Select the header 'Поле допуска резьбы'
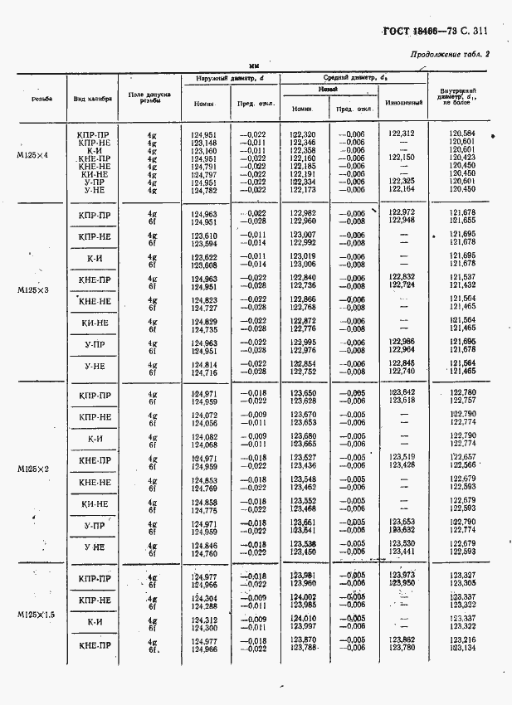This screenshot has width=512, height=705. point(150,98)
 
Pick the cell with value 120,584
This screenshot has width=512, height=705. point(461,134)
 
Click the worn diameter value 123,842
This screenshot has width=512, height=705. point(402,392)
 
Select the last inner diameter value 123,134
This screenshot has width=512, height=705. point(461,649)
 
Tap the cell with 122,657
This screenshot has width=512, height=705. point(461,457)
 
